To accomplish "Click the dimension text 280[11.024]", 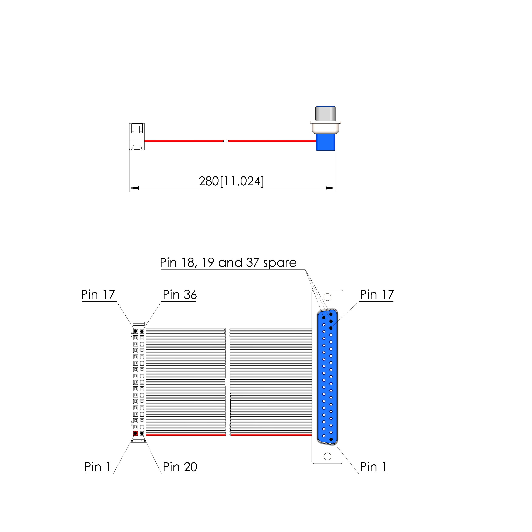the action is click(x=231, y=181).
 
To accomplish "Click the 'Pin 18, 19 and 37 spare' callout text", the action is click(x=228, y=263).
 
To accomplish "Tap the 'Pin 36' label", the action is click(x=180, y=295).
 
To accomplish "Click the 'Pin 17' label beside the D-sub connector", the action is click(x=377, y=295).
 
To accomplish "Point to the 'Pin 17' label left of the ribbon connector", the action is click(x=98, y=295).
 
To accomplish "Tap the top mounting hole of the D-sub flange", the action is click(x=327, y=297).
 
